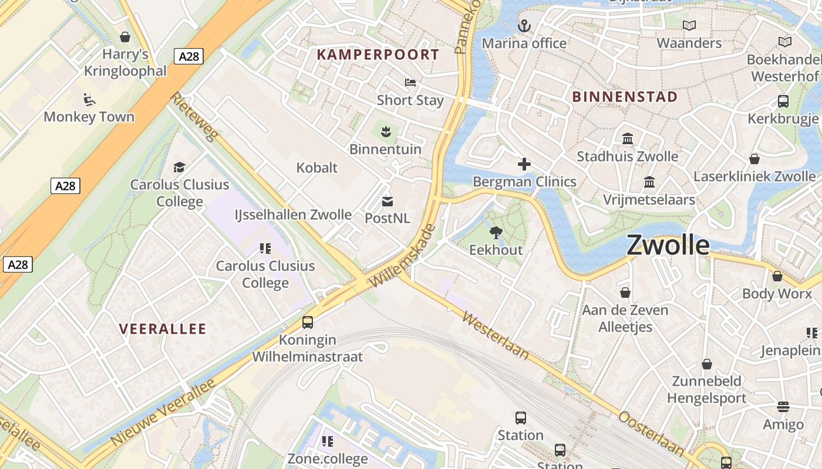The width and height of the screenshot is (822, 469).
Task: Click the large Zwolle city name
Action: point(668,245)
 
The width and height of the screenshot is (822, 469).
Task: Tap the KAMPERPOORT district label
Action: point(378,55)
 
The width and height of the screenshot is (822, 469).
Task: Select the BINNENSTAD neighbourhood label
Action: point(625,97)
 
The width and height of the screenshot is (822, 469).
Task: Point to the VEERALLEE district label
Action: point(163,329)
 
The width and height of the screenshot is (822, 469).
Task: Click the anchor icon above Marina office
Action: point(524,26)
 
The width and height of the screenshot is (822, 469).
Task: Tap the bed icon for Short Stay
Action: point(410,83)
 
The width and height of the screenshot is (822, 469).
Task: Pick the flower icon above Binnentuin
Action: point(385,131)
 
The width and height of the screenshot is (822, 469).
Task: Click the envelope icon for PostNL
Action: point(388,202)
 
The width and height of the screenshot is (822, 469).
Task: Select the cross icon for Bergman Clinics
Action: point(524,165)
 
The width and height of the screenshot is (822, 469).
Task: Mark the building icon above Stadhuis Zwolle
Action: point(628,139)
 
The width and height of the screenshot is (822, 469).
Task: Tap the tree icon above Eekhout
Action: point(496,233)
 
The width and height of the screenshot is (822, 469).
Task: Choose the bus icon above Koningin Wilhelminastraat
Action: point(308,322)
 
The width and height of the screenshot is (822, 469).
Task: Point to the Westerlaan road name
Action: point(496,335)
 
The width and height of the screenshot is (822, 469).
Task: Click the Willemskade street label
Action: point(403,256)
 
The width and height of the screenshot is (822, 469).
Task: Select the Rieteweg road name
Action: point(194,116)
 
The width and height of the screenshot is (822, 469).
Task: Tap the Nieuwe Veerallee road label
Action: point(163,411)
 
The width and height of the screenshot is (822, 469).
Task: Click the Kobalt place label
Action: point(317,168)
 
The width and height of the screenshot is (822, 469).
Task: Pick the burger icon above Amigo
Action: point(783,406)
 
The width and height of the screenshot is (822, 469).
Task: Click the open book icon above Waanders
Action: point(689,25)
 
